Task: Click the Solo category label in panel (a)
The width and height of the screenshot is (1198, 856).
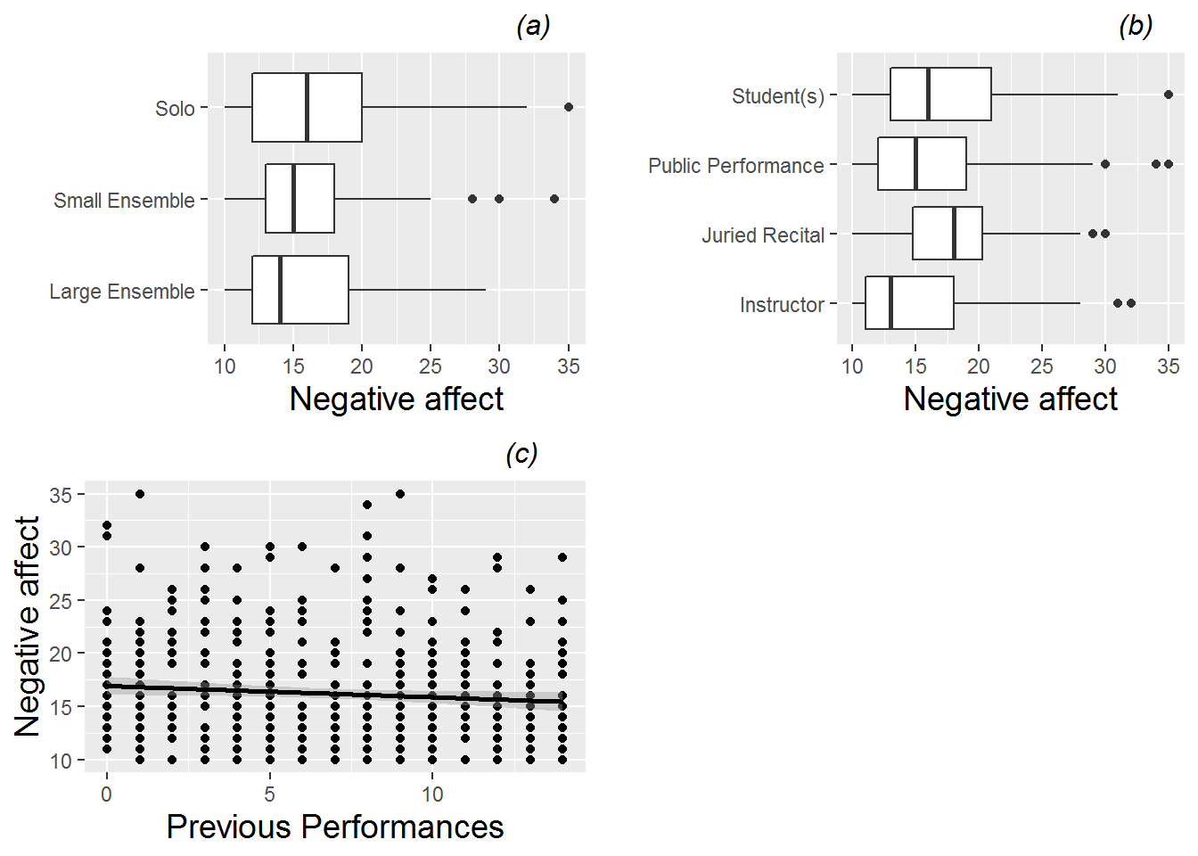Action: tap(175, 109)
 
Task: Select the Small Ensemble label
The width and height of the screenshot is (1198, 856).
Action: tap(124, 201)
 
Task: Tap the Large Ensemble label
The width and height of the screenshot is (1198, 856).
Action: tap(122, 292)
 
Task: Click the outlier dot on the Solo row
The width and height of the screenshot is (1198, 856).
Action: tap(569, 107)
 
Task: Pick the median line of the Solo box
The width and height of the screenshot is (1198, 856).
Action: tap(307, 107)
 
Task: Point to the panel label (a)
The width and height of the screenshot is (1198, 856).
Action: tap(533, 27)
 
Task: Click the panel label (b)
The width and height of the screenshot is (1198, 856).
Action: tap(1136, 27)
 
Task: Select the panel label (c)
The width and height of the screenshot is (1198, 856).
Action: tap(521, 455)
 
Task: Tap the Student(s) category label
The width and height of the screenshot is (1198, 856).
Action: tap(778, 96)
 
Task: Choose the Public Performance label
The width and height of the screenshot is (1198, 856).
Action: tap(736, 166)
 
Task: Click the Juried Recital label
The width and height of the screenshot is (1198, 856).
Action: tap(763, 235)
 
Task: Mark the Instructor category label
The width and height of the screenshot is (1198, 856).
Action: tap(782, 305)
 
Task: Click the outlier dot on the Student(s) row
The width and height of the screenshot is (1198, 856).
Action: tap(1169, 94)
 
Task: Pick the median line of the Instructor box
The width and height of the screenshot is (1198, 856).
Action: tap(890, 303)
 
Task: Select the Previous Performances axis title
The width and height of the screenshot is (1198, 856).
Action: tap(335, 827)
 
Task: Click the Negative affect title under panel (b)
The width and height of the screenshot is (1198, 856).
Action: tap(1010, 399)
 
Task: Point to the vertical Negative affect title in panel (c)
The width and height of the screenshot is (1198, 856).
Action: tap(28, 626)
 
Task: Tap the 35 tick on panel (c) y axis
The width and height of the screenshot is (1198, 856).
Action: tap(61, 495)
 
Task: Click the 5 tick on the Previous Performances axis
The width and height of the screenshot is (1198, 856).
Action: tap(270, 794)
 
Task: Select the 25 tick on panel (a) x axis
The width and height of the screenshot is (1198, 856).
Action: tap(431, 366)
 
